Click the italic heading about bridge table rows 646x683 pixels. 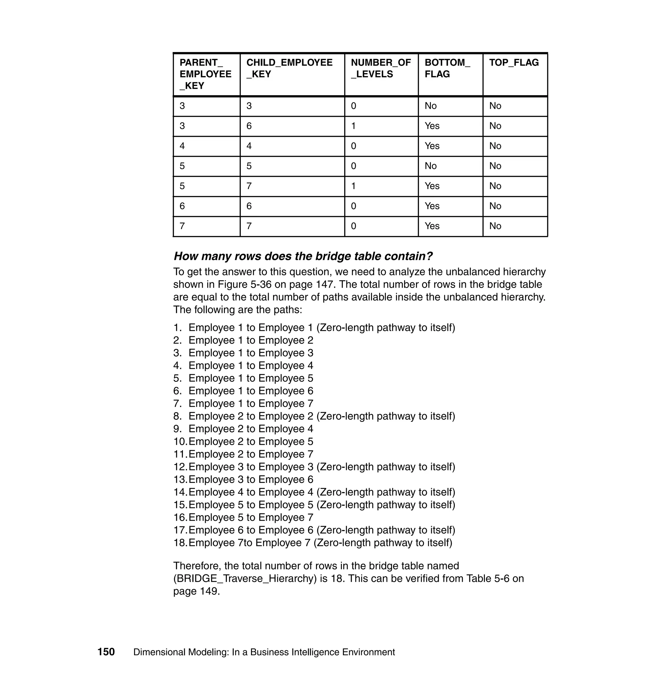303,256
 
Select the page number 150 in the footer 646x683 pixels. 106,652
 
